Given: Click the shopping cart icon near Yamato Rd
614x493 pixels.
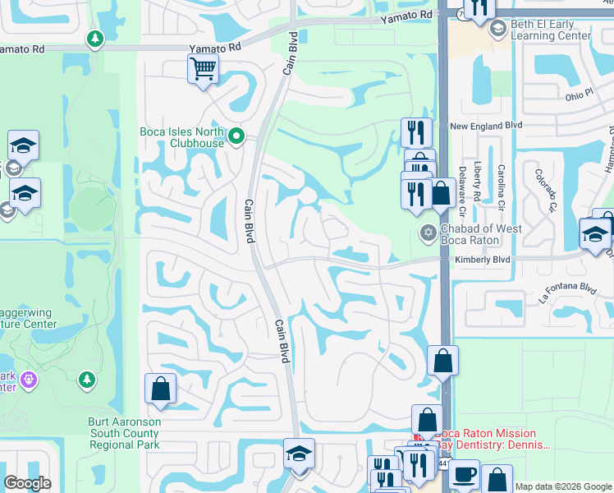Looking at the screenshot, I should (x=202, y=68).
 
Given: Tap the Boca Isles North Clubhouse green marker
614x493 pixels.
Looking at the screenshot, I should (x=237, y=136).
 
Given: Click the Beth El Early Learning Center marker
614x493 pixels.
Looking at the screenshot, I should (x=497, y=30).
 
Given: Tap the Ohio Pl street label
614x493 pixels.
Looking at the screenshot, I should (x=579, y=96).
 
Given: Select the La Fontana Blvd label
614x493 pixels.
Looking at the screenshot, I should (x=567, y=288).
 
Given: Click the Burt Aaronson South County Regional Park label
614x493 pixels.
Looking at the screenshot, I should (x=125, y=433).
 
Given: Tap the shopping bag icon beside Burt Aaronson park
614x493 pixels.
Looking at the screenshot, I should (x=160, y=389).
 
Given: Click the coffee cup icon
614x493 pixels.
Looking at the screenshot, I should (x=464, y=474).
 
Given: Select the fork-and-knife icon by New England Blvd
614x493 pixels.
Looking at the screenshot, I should (x=416, y=131).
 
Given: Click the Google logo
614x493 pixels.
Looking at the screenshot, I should (x=27, y=483).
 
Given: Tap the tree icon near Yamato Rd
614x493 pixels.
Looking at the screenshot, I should (x=95, y=38).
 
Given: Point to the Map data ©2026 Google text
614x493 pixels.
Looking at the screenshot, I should (x=562, y=486).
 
